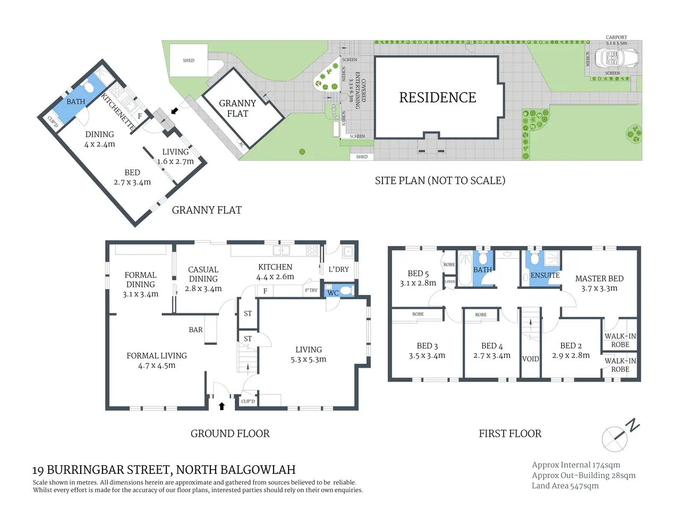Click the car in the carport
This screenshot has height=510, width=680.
click(x=616, y=57)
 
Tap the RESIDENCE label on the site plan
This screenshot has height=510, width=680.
click(x=437, y=98)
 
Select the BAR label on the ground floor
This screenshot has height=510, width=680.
click(x=196, y=330)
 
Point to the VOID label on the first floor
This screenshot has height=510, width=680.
click(x=530, y=359)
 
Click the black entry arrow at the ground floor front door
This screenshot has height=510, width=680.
click(x=222, y=406)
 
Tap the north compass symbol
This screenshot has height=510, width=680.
click(x=619, y=435)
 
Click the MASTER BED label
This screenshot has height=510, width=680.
click(x=599, y=279)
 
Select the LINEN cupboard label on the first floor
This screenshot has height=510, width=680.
click(x=450, y=282)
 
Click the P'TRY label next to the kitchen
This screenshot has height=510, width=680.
click(x=311, y=290)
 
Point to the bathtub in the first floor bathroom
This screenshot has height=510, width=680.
click(x=465, y=268)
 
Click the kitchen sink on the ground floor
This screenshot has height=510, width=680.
click(x=281, y=250)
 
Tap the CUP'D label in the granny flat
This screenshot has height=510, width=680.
click(x=53, y=122)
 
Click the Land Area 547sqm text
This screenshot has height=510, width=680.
click(x=565, y=486)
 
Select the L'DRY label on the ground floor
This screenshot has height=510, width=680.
click(x=338, y=269)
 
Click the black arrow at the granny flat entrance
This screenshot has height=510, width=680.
click(x=175, y=110)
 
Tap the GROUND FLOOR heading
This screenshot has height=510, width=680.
click(x=230, y=433)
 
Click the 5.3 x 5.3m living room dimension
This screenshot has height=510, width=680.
click(x=308, y=360)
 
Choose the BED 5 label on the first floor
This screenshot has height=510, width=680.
click(x=418, y=274)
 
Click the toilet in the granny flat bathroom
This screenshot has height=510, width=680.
click(x=88, y=87)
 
